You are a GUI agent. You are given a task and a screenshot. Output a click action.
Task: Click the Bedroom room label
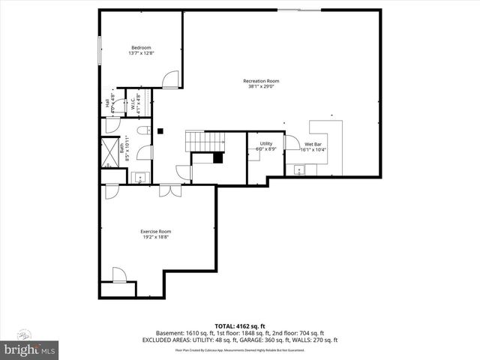[x=141, y=48]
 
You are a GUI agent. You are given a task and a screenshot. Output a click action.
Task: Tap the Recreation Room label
[x=261, y=81]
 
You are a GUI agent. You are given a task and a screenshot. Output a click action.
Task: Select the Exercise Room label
[x=155, y=232]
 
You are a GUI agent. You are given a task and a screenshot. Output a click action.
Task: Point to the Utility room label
[x=266, y=143]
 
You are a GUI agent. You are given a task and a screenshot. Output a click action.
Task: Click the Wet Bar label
[x=313, y=143]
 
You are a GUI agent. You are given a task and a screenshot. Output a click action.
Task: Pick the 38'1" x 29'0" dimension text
[x=261, y=87]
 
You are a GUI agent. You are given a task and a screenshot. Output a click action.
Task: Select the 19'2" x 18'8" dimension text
[x=155, y=238]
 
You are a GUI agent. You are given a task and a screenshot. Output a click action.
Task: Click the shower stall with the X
[x=109, y=148]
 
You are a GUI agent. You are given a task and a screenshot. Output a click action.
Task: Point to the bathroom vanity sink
[x=139, y=178]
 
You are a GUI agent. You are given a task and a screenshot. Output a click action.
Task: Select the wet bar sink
[x=300, y=170]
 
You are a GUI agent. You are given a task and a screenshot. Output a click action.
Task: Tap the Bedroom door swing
[x=172, y=77]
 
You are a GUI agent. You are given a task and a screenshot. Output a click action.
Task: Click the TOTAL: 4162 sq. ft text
[x=240, y=326]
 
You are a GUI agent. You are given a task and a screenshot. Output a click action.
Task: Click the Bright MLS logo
[x=30, y=350]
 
